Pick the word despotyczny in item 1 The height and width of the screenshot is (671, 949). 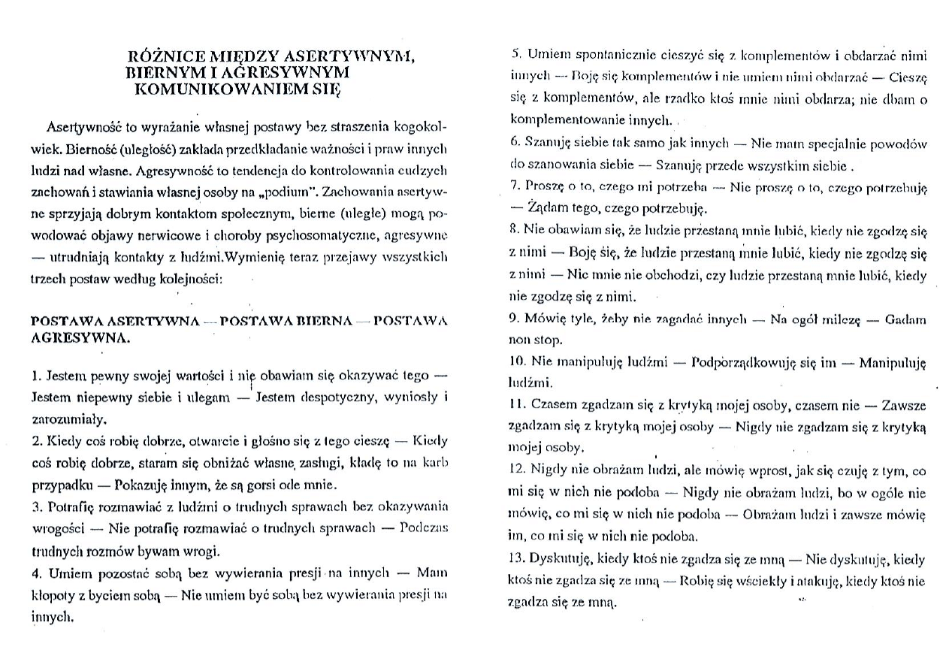341,394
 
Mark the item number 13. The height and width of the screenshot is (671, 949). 518,559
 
